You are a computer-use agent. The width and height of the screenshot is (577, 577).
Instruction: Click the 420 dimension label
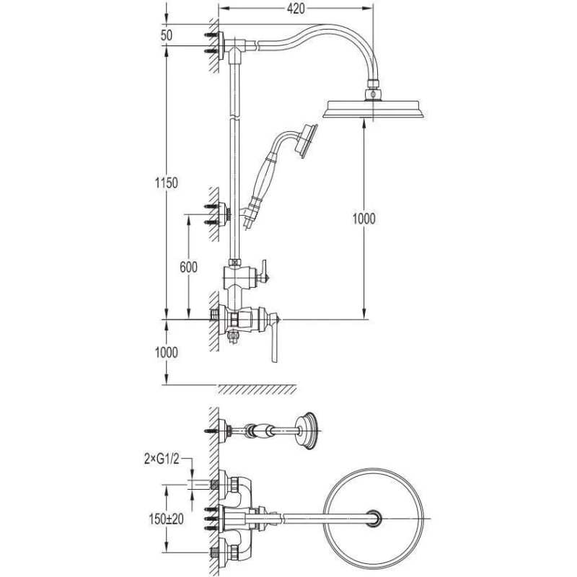296,9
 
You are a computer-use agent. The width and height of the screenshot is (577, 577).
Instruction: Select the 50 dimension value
167,35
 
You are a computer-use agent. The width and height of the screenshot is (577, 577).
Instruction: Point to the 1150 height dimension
167,183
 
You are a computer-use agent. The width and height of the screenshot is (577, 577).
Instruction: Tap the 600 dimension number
188,267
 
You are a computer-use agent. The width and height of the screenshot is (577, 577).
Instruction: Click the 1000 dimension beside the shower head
364,219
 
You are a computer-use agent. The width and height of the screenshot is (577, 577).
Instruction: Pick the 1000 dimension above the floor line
167,353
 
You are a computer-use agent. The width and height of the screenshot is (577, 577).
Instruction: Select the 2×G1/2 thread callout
162,459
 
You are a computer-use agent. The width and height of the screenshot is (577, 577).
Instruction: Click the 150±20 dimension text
167,519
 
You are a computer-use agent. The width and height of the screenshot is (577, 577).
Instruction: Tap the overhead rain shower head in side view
373,109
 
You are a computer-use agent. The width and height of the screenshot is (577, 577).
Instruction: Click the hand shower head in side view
306,141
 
